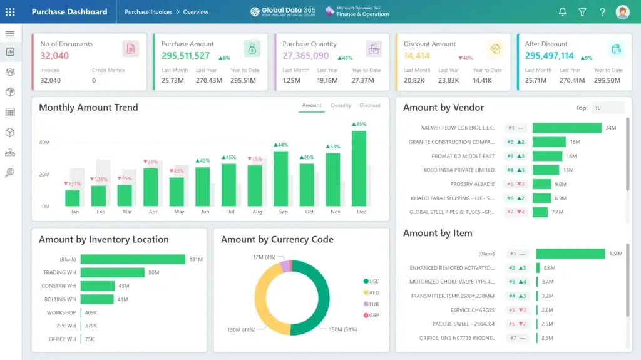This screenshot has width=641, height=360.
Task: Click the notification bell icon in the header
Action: (x=562, y=12)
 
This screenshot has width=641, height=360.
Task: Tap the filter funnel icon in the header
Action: (x=582, y=12)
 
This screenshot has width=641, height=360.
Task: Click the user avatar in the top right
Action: (x=622, y=12)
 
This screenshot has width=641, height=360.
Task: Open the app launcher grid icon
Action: (x=10, y=12)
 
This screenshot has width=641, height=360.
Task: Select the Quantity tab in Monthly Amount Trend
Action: (x=341, y=105)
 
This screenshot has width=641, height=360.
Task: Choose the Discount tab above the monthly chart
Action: (x=370, y=105)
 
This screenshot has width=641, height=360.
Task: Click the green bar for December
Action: (x=359, y=168)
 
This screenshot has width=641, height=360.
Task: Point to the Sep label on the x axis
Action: (x=283, y=212)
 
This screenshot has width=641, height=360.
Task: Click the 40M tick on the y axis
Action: (x=44, y=143)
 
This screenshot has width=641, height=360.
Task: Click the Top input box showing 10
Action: (x=607, y=108)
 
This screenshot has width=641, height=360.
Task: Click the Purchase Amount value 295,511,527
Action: (x=186, y=56)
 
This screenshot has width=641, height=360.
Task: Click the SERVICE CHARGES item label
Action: (x=472, y=310)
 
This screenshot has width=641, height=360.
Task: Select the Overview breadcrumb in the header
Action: (x=196, y=12)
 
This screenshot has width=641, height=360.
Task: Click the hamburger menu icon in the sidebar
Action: (x=10, y=33)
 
